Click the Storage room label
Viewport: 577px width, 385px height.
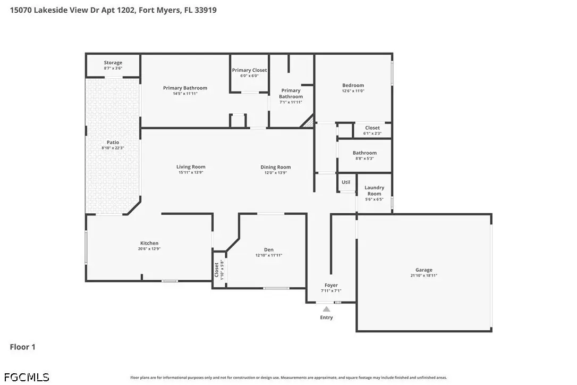click(x=113, y=63)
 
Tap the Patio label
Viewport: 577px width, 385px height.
click(x=113, y=142)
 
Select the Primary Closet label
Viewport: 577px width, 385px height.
click(x=249, y=70)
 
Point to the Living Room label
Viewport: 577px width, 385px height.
click(x=191, y=167)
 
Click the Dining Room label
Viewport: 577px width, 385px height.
click(x=275, y=167)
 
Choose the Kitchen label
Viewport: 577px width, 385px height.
click(x=149, y=243)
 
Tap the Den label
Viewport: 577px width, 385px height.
click(x=269, y=249)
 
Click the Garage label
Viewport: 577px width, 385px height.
click(x=423, y=270)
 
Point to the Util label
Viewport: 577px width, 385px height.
click(x=346, y=182)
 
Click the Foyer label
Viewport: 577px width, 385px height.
click(x=331, y=285)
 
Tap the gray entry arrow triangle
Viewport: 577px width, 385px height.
click(x=326, y=309)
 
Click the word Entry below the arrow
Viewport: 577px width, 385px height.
click(x=326, y=317)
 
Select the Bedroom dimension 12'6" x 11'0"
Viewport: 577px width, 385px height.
click(x=353, y=91)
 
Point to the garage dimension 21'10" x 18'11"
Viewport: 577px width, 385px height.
click(x=423, y=275)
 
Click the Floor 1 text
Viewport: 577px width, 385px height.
click(x=22, y=347)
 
